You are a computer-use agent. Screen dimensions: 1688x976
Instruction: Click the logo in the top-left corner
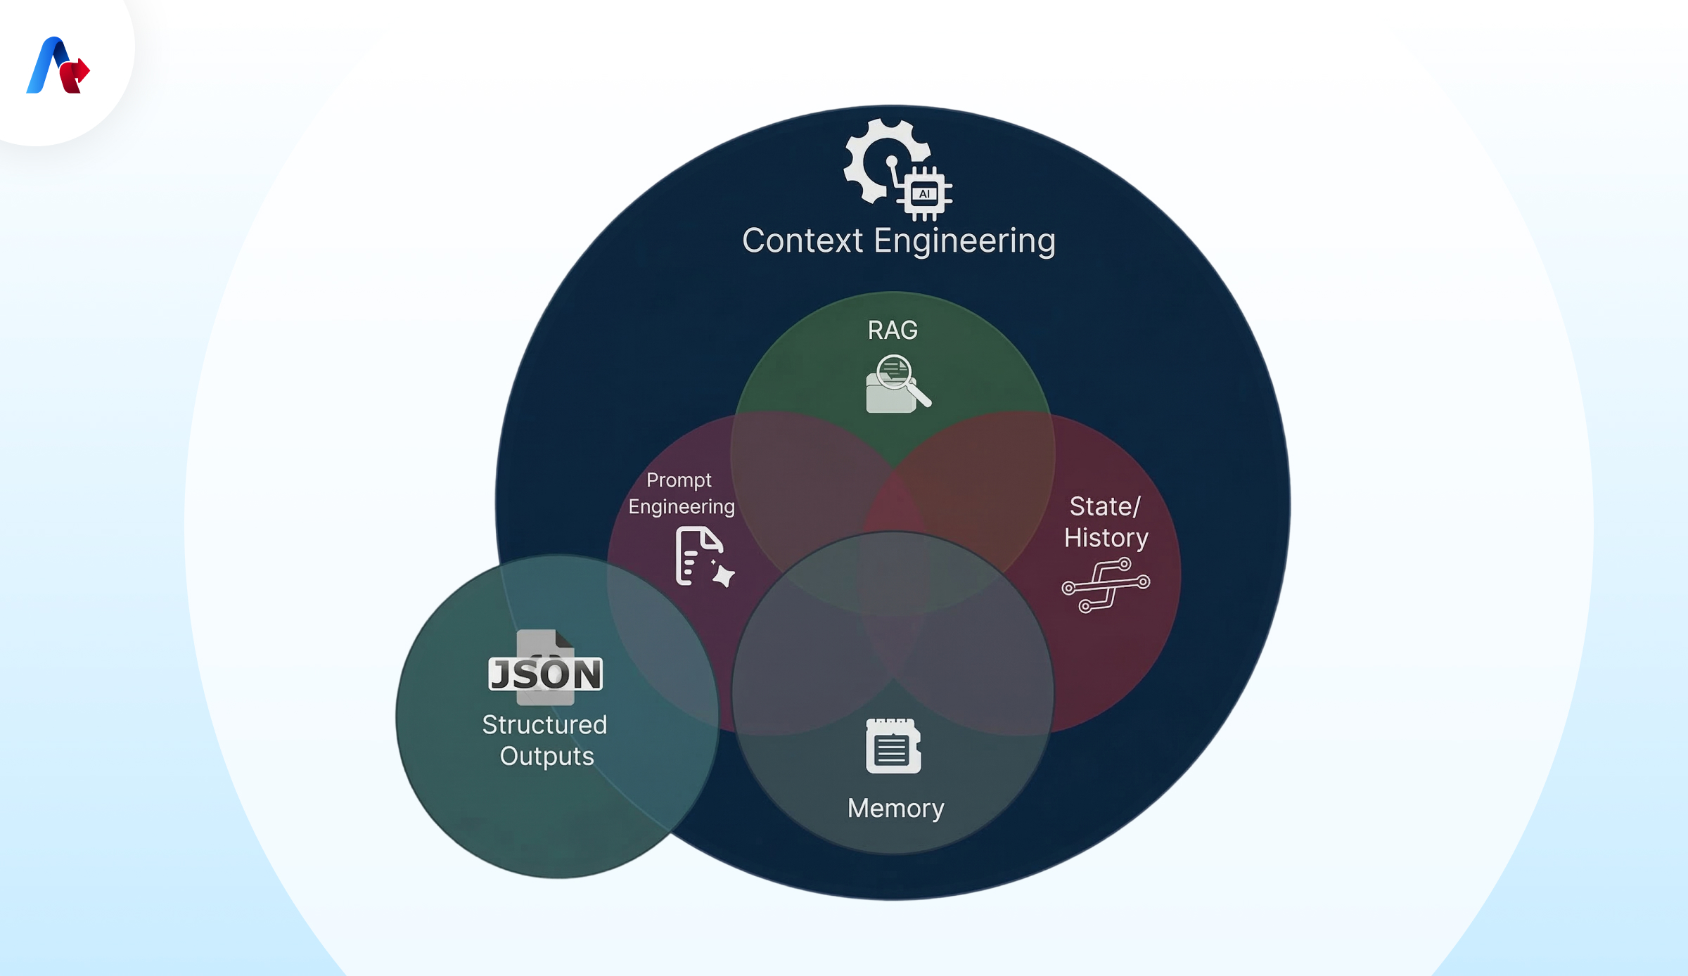pyautogui.click(x=58, y=65)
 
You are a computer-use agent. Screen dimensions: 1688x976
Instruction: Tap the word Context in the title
pyautogui.click(x=803, y=240)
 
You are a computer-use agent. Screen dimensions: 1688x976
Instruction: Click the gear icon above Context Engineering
pyautogui.click(x=885, y=161)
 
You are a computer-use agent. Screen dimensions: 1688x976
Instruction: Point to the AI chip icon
pyautogui.click(x=924, y=193)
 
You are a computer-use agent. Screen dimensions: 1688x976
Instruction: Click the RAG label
pyautogui.click(x=893, y=330)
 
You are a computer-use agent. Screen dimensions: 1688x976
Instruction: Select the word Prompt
pyautogui.click(x=679, y=480)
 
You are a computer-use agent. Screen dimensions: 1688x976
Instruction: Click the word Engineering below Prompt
pyautogui.click(x=682, y=507)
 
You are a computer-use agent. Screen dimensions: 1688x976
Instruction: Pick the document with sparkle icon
pyautogui.click(x=704, y=556)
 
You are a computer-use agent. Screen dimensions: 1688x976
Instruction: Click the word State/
pyautogui.click(x=1105, y=506)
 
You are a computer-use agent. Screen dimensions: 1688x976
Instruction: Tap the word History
pyautogui.click(x=1106, y=538)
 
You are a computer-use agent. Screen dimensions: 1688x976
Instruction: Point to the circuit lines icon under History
pyautogui.click(x=1106, y=585)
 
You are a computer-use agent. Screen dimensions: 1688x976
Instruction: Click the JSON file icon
pyautogui.click(x=546, y=668)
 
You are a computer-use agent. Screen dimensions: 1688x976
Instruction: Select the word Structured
pyautogui.click(x=544, y=725)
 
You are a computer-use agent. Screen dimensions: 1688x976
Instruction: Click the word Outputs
pyautogui.click(x=547, y=757)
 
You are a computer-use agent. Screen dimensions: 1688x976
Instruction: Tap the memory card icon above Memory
pyautogui.click(x=893, y=745)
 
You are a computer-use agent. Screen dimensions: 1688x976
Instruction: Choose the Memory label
pyautogui.click(x=896, y=809)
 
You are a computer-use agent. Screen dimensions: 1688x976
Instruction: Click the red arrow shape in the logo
pyautogui.click(x=75, y=75)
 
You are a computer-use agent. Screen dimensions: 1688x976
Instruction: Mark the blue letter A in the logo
pyautogui.click(x=48, y=65)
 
